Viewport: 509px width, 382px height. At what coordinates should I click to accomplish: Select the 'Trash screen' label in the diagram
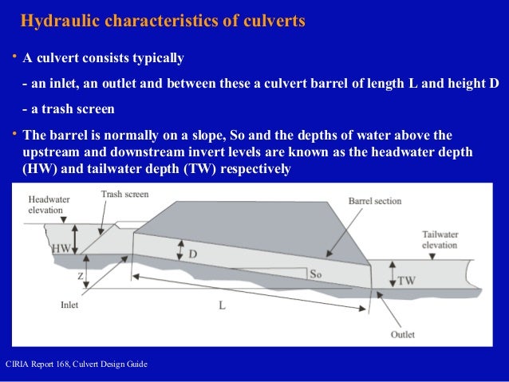[125, 195]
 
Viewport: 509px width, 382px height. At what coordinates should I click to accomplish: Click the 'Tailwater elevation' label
[440, 240]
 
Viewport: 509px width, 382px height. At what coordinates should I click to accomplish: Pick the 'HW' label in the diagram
[61, 248]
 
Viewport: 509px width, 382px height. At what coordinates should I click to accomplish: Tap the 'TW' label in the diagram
[406, 281]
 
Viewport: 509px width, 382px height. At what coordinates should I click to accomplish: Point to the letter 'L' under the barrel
[223, 305]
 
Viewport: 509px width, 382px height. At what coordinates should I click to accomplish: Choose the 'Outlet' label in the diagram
[403, 334]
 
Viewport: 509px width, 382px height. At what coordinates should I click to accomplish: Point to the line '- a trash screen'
[69, 109]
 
